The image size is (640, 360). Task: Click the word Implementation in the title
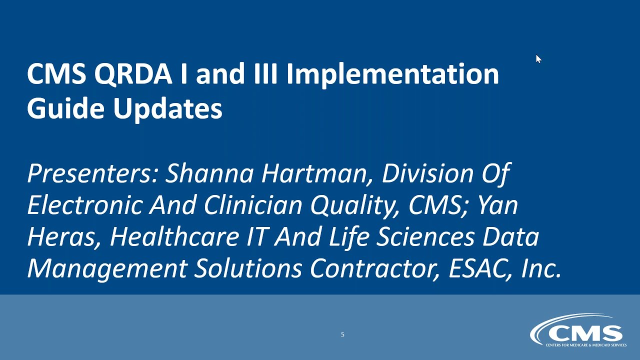392,74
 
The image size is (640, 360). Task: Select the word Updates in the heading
167,108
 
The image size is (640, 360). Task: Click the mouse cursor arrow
538,59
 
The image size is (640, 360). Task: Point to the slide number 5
342,334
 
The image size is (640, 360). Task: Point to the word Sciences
425,237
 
